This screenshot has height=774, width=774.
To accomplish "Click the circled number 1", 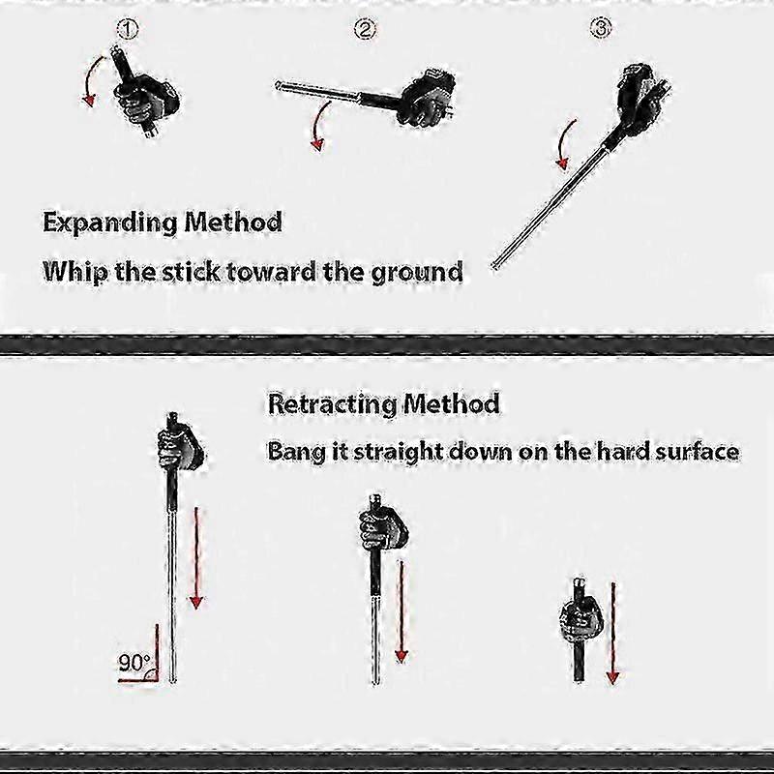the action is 128,29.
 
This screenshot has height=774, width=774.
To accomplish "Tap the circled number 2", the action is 365,29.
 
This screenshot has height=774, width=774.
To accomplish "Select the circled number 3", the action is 601,28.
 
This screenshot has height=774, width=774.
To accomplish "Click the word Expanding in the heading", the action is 110,223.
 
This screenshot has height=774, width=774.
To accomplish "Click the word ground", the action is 417,273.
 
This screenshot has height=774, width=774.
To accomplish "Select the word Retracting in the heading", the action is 330,404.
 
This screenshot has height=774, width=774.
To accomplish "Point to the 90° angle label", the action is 134,663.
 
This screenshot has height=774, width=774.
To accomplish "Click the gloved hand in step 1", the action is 147,99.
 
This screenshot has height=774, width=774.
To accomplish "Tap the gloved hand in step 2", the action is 428,97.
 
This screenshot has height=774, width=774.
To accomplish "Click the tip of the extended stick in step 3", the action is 494,267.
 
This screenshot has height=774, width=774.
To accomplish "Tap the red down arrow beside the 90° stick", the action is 196,558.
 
